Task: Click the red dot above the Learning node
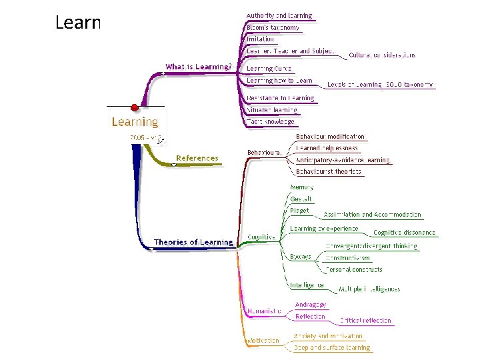point(135,107)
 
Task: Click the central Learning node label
point(135,122)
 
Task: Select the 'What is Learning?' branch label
point(198,67)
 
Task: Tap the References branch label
point(197,158)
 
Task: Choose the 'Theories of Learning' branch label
point(193,243)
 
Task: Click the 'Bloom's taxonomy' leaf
point(273,28)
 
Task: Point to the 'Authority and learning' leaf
point(279,15)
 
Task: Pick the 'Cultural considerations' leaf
point(382,55)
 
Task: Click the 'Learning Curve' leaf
point(269,68)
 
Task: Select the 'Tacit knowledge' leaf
point(270,122)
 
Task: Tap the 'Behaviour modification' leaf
point(331,136)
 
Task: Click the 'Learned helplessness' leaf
point(327,148)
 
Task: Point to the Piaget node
point(299,211)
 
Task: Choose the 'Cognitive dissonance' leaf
point(404,233)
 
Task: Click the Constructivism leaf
point(347,257)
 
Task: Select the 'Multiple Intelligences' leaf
point(369,289)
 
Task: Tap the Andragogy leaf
point(310,305)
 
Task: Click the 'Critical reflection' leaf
point(365,321)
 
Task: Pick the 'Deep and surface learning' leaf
point(331,347)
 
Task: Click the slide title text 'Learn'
point(77,23)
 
